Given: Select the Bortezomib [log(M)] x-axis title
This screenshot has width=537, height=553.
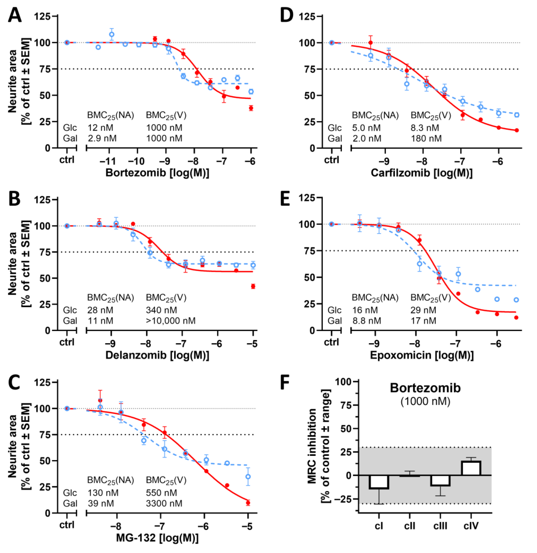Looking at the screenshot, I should [157, 173].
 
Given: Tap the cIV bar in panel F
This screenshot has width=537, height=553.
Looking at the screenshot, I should [471, 468].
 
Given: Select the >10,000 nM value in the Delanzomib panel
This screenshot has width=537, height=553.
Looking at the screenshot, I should [170, 321].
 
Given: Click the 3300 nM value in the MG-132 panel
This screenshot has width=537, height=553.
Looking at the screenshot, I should [164, 503].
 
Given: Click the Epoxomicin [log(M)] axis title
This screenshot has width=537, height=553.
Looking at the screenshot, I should [422, 355].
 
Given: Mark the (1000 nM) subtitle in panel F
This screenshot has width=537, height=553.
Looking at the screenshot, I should [425, 401].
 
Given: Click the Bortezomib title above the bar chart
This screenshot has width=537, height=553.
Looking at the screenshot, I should [425, 388].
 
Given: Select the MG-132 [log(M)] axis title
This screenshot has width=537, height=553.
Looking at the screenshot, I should [157, 538].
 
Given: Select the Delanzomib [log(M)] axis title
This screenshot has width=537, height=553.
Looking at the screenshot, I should [157, 355].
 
